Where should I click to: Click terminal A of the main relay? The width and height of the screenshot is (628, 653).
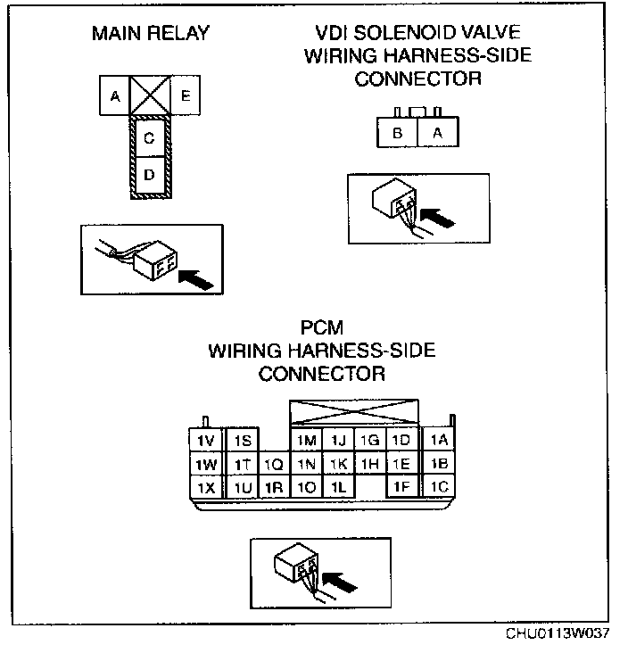[x=115, y=95]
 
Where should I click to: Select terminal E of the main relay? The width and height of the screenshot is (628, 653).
[x=184, y=95]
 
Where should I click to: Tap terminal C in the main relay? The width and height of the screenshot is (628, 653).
[x=149, y=137]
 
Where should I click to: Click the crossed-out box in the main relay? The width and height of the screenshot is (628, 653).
[x=149, y=95]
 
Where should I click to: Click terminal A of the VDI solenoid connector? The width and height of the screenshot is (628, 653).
[x=436, y=134]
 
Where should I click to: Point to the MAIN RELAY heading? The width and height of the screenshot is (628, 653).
[x=150, y=34]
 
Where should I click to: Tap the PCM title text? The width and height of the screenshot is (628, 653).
[x=322, y=329]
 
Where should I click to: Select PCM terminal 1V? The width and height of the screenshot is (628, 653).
[x=205, y=441]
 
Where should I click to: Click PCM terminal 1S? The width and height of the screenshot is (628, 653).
[x=243, y=441]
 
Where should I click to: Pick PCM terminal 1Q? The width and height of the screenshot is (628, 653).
[x=273, y=464]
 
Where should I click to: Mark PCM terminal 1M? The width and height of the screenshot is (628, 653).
[x=307, y=441]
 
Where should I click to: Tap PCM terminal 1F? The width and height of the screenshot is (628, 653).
[x=401, y=487]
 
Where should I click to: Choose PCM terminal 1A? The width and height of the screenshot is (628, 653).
[x=438, y=440]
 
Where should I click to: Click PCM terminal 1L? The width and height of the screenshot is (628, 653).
[x=337, y=487]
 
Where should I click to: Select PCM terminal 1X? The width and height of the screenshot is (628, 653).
[x=205, y=487]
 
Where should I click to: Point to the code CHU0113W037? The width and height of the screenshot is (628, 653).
[x=558, y=634]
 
